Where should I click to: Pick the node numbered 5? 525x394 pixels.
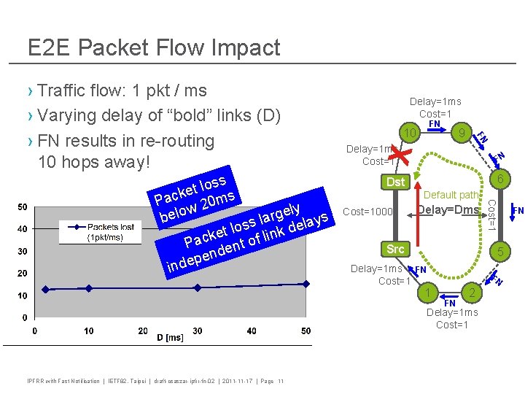[499, 252]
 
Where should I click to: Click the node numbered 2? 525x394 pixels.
[472, 293]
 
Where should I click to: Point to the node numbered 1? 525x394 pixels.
[427, 293]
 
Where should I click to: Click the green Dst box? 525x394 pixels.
[395, 182]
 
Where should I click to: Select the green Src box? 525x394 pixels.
[395, 250]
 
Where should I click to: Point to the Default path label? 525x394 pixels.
[451, 195]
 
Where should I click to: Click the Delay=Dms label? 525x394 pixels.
[448, 210]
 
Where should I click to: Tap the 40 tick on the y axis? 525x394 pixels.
[23, 230]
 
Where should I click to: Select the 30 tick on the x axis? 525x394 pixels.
[198, 331]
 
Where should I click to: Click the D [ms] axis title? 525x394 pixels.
[171, 337]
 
